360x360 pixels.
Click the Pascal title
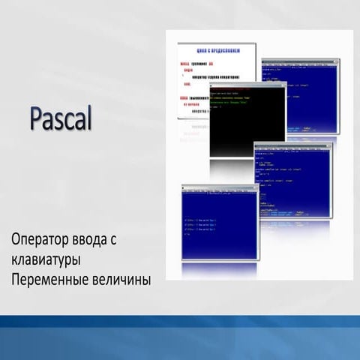point(61,118)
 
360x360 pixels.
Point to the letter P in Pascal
point(37,118)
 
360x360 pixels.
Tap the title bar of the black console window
point(247,84)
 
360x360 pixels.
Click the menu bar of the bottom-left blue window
point(217,190)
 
